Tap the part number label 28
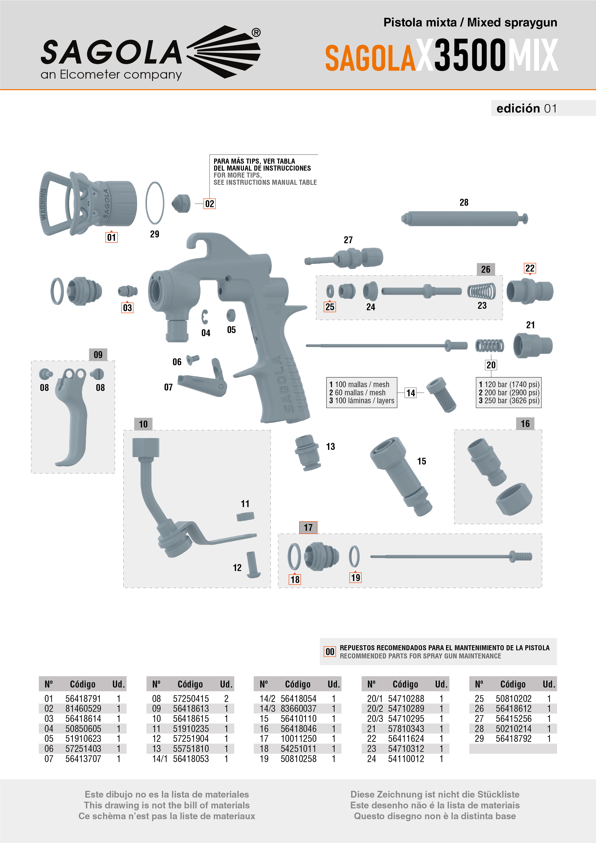464,202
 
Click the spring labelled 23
481,291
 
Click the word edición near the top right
518,108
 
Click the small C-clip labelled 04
205,317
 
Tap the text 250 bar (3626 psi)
512,401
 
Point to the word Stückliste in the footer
498,794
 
